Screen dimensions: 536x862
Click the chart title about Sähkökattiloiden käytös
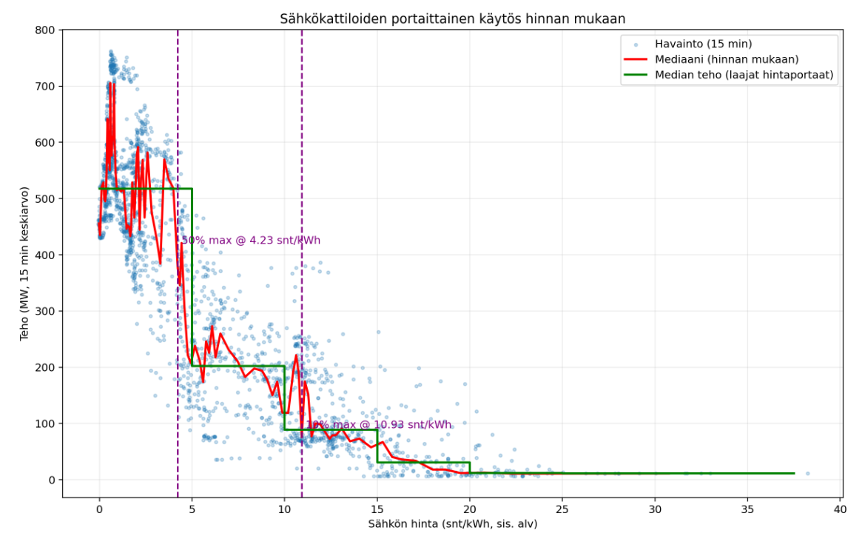pos(452,19)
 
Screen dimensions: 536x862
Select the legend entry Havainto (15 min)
pos(709,44)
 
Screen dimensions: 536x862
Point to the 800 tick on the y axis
pos(47,30)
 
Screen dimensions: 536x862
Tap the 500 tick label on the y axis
pos(47,199)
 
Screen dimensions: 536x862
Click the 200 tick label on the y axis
pos(47,368)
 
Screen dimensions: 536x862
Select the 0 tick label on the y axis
pos(53,480)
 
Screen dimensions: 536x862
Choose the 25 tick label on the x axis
pos(562,509)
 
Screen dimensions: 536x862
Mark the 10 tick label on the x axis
pos(285,509)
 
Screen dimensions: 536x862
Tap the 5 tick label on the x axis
pos(192,509)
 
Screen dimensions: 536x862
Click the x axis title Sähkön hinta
pos(452,524)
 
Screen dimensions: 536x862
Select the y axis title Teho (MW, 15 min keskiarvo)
pos(24,263)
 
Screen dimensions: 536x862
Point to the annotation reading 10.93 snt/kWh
pos(379,425)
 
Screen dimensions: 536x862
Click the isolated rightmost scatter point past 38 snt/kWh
pos(807,473)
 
